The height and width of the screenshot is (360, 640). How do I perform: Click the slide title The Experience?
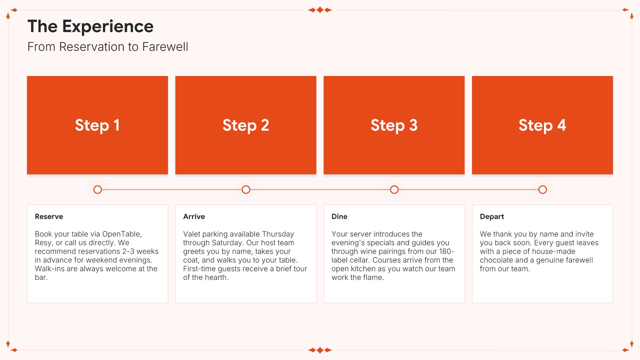90,26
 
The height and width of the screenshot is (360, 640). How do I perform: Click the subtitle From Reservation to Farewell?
108,47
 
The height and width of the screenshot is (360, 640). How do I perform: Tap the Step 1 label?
97,126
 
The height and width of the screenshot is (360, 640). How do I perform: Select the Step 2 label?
246,126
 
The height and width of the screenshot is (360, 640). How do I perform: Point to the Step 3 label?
394,126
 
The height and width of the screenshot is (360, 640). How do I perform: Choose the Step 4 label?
542,126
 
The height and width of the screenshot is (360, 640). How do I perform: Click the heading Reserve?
49,217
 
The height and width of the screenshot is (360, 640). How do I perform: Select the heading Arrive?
194,217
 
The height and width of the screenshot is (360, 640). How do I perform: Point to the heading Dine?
339,217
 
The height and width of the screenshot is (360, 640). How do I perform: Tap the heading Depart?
492,217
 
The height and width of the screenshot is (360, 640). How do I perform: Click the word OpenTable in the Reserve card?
122,234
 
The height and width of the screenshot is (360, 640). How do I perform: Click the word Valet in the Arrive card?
192,234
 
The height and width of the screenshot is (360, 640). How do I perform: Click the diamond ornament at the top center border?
320,10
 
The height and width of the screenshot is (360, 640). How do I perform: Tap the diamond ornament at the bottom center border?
320,350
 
